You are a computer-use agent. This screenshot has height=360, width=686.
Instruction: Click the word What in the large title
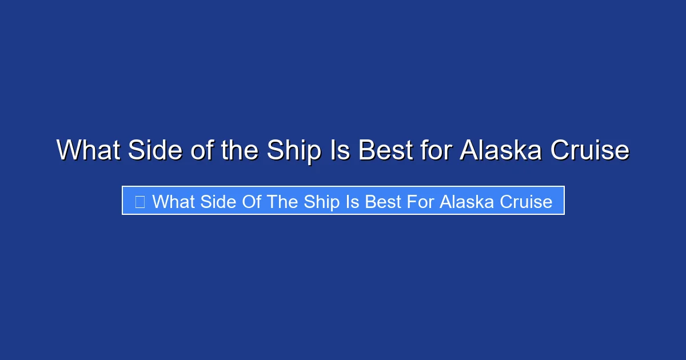click(88, 150)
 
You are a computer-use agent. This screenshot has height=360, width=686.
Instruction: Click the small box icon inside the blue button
click(139, 201)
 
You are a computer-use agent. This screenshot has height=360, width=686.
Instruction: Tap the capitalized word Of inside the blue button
click(248, 201)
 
